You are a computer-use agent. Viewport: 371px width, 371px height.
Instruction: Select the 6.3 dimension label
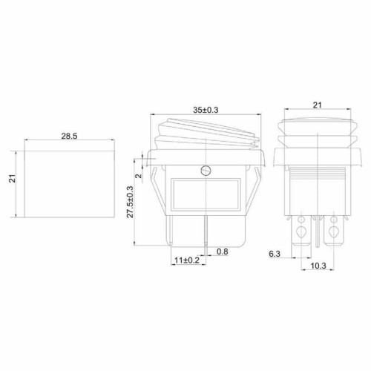(x=275, y=255)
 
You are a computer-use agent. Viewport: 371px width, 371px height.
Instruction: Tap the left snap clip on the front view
(x=157, y=185)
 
